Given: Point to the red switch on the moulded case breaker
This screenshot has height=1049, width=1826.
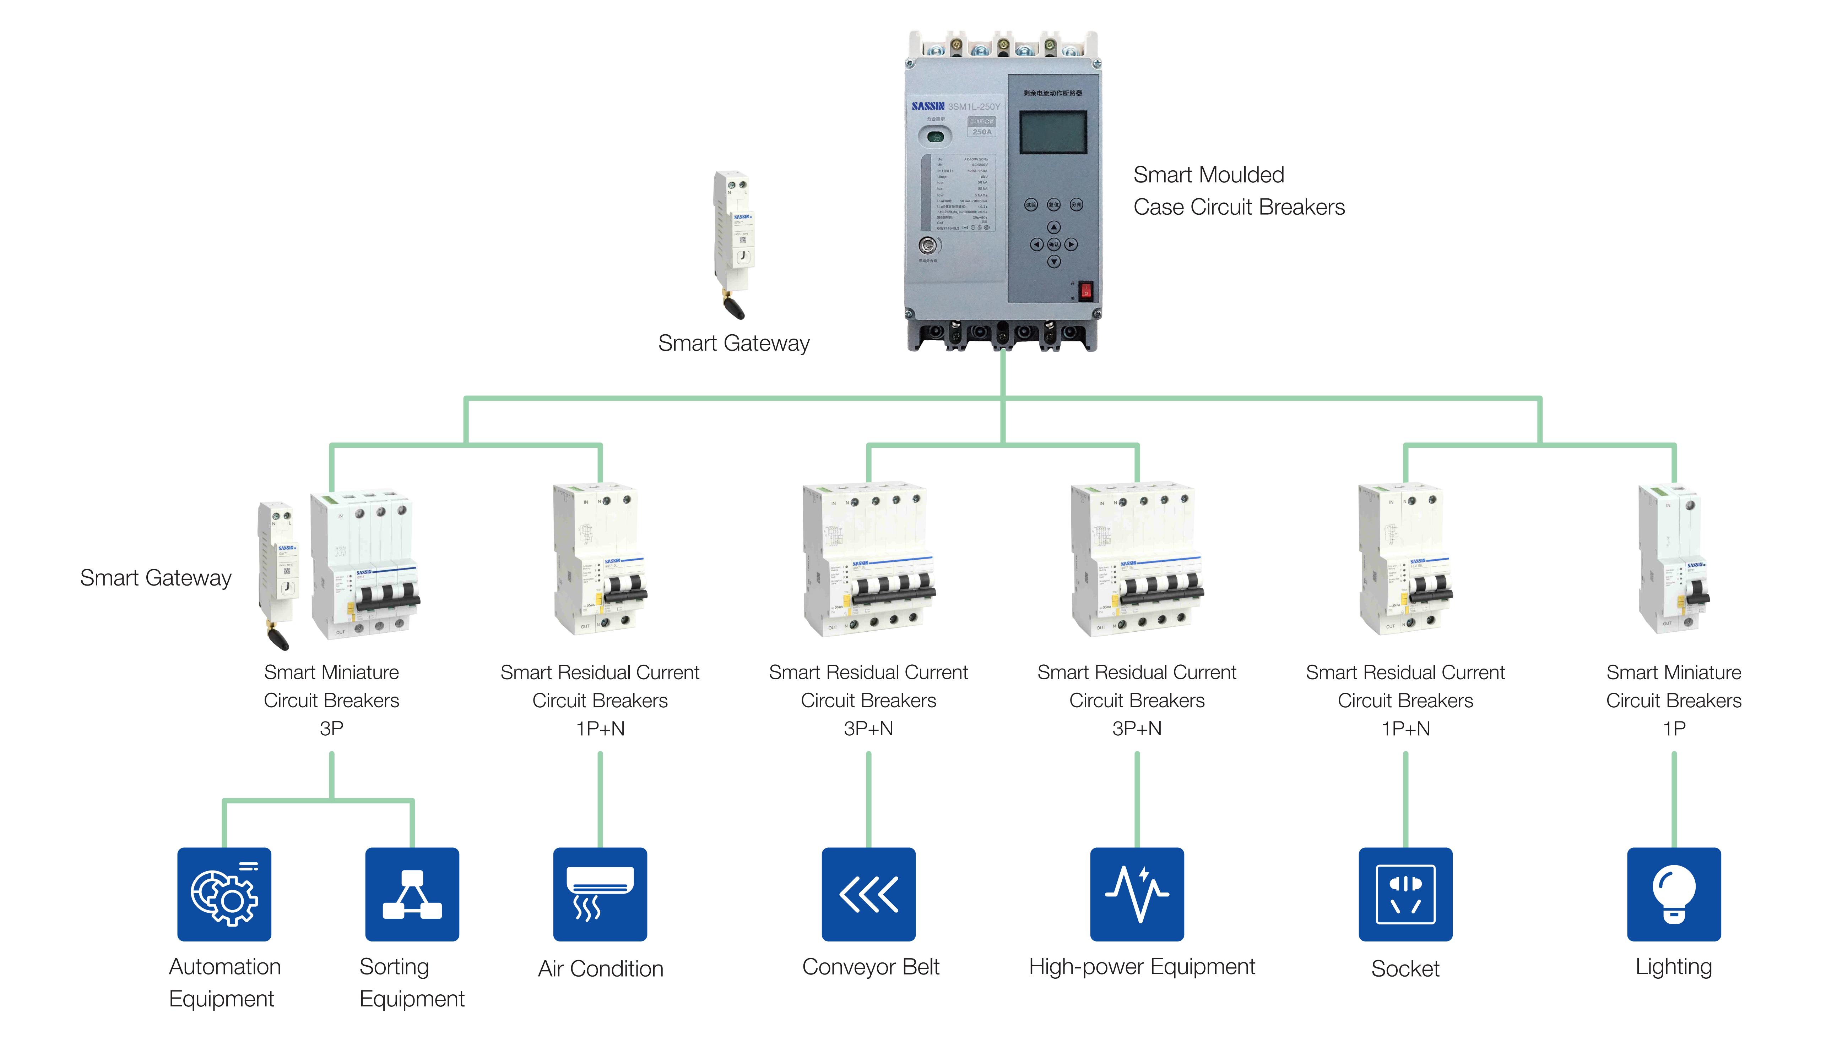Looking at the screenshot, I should (x=1086, y=291).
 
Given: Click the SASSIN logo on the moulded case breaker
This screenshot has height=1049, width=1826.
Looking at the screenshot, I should (x=928, y=106).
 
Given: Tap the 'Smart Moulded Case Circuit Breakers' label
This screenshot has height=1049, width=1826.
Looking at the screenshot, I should (x=1239, y=191).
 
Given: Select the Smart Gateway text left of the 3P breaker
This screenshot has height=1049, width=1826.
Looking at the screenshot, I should (x=156, y=578).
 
